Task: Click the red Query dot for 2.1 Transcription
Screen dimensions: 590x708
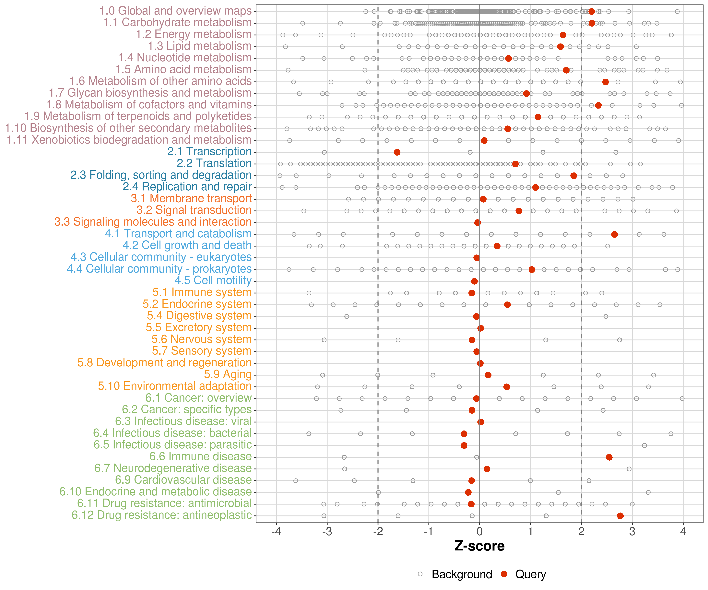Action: click(397, 152)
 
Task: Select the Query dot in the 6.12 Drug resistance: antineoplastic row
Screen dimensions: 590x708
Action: click(620, 516)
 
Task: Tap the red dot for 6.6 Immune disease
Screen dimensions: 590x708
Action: click(609, 457)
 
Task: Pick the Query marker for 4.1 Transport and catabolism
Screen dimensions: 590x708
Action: click(614, 234)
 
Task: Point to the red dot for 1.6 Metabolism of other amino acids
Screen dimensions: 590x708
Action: click(605, 82)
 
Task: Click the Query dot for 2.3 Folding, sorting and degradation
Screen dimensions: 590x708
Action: click(573, 176)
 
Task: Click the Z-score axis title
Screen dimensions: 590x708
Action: click(479, 546)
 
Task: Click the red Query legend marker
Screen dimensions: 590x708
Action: click(504, 574)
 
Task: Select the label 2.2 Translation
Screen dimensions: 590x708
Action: click(214, 163)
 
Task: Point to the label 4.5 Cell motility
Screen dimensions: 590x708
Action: click(213, 280)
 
